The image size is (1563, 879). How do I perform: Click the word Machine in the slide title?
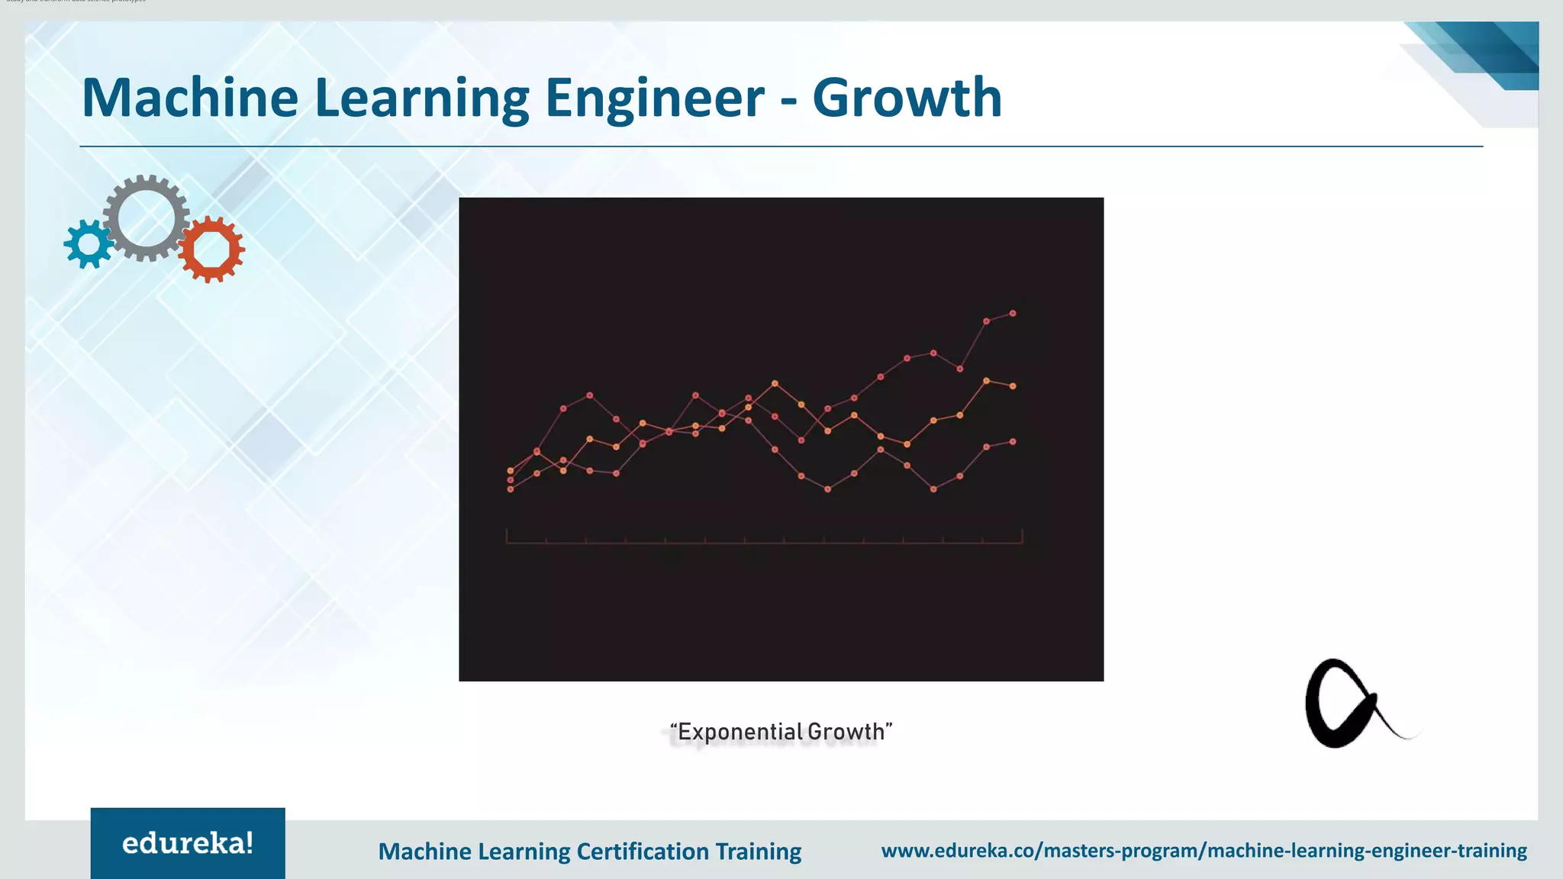[190, 98]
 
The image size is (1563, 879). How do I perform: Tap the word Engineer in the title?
[655, 98]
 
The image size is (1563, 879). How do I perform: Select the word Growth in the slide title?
[907, 98]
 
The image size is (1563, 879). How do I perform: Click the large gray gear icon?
[147, 218]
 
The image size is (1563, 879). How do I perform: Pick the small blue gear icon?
[89, 244]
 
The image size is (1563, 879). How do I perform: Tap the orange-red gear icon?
[211, 249]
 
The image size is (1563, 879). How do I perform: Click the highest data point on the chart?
[1013, 313]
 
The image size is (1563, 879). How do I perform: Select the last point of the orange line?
[1013, 386]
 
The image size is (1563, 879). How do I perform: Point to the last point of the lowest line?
[1013, 441]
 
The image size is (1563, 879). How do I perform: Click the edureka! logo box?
[188, 843]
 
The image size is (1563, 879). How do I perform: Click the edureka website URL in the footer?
[1204, 850]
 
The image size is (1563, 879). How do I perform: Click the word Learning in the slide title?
[421, 98]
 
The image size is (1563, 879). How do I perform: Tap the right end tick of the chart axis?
[1022, 536]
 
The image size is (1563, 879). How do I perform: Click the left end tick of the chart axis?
[507, 536]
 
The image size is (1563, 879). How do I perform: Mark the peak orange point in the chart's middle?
[775, 383]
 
